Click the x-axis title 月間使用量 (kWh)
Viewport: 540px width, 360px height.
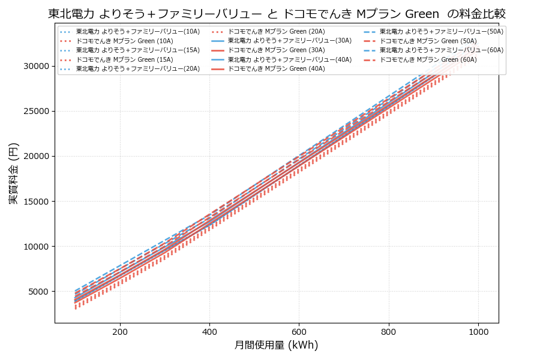click(276, 345)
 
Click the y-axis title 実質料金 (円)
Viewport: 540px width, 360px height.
click(13, 173)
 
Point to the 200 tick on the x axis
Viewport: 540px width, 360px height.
click(120, 331)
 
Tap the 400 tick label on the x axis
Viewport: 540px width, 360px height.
click(209, 331)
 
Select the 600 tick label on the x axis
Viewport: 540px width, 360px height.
click(299, 331)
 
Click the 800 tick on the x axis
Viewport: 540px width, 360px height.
click(388, 331)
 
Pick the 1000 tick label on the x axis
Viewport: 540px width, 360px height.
click(478, 331)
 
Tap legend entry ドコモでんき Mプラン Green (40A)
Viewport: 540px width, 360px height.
click(276, 69)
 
